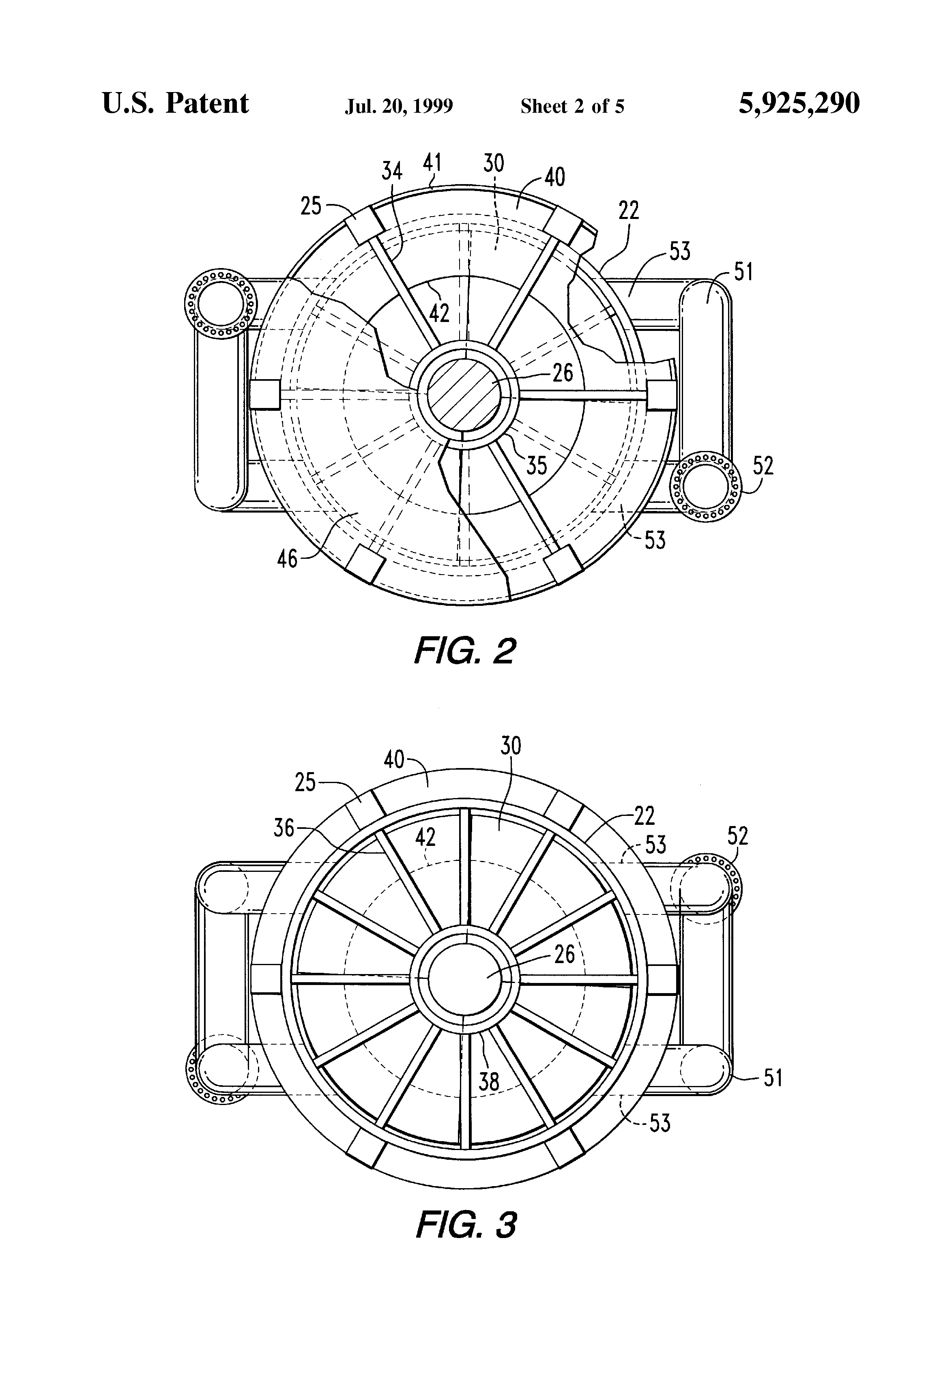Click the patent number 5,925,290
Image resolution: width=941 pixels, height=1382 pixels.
tap(799, 104)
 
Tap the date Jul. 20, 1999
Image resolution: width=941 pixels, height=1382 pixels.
tap(399, 106)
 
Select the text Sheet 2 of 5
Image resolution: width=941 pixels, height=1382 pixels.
tap(572, 106)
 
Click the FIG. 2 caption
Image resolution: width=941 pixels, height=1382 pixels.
tap(464, 651)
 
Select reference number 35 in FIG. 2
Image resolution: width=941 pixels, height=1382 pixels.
tap(537, 466)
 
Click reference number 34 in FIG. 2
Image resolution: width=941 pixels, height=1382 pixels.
tap(392, 171)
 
